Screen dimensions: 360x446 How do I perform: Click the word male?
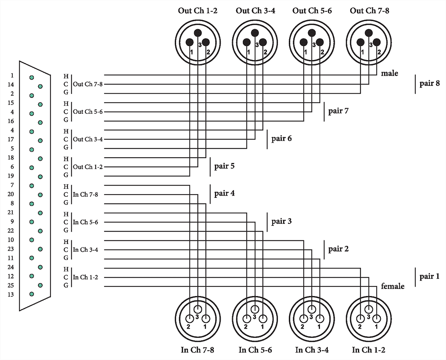(x=390, y=73)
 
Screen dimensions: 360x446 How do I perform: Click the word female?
(x=392, y=286)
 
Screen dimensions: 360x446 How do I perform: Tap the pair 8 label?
(x=430, y=83)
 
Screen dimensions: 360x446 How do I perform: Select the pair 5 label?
(x=224, y=166)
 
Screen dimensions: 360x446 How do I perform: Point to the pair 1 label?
(x=430, y=276)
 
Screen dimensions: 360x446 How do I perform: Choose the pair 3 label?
(x=281, y=221)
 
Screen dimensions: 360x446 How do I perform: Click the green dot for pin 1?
(x=32, y=77)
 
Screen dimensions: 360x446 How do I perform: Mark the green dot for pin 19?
(x=41, y=177)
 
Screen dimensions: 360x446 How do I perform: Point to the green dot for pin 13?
(x=32, y=294)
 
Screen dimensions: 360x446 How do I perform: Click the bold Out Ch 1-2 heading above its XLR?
(x=197, y=10)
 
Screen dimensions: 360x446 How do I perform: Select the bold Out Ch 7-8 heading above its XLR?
(x=369, y=10)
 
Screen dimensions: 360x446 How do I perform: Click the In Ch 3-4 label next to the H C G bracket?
(x=85, y=250)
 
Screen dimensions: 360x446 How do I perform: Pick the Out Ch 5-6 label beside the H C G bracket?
(x=88, y=112)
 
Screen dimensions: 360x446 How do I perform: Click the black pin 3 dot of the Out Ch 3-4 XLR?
(x=255, y=33)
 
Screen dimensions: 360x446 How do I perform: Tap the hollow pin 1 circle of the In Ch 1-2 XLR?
(x=376, y=318)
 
